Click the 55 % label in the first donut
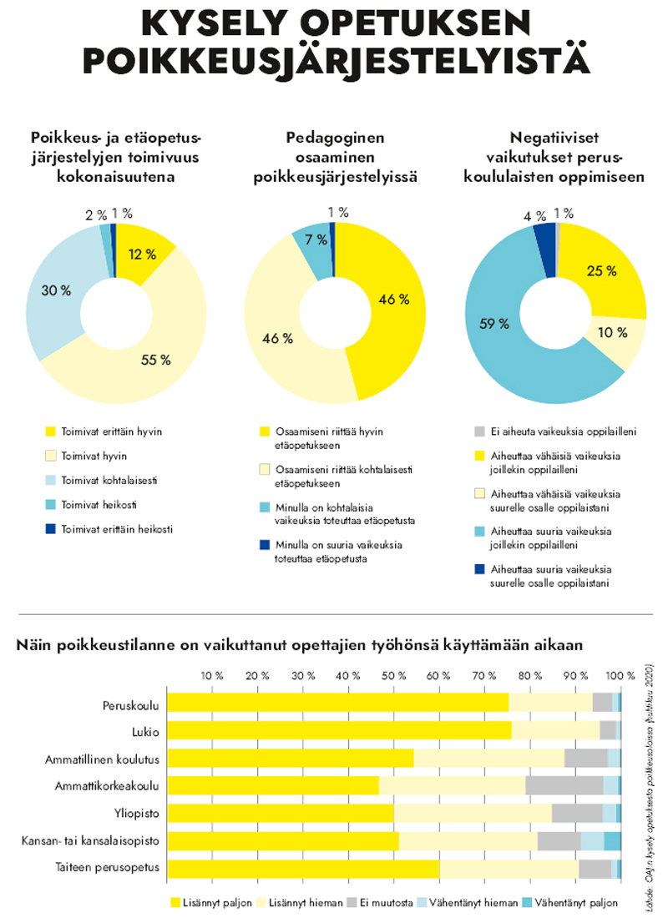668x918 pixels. pos(156,360)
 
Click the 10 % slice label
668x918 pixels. pos(613,333)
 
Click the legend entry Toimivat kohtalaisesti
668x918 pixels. pos(114,480)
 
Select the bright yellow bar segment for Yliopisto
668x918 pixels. pos(281,812)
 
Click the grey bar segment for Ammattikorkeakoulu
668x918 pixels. pos(564,785)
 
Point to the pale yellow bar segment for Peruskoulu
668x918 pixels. pos(550,704)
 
